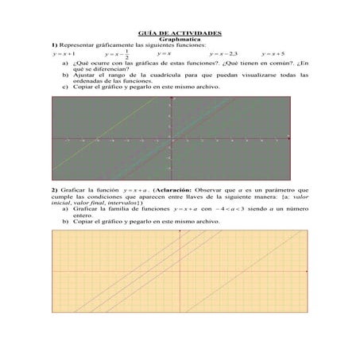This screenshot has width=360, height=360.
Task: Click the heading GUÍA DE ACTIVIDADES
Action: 180,33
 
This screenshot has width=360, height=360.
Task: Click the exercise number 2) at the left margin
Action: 54,192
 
